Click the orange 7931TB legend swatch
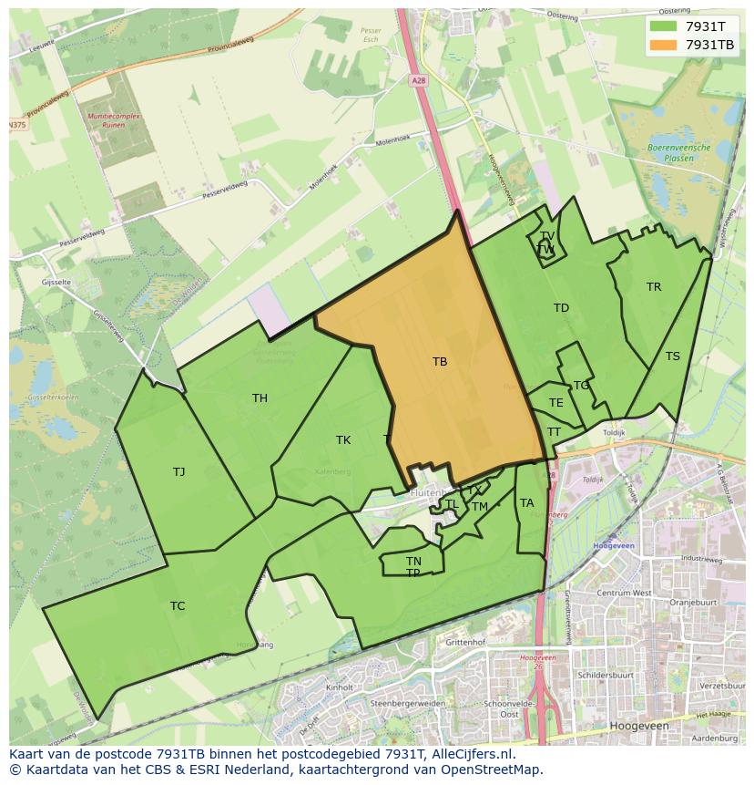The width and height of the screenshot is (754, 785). coord(663,44)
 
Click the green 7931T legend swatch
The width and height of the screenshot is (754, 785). coord(663,26)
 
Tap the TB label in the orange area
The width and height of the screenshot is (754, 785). coord(440,362)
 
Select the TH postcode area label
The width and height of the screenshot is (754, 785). coord(260,398)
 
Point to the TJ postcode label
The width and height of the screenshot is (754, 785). coord(178,471)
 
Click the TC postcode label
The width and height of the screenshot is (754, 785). coord(178,605)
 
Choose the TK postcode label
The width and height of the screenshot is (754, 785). coord(343,440)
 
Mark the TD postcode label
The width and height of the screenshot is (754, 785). coord(561,308)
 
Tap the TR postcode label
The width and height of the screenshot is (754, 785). coord(654,286)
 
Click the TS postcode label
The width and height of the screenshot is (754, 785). coord(672,356)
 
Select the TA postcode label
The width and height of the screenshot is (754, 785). coord(526,502)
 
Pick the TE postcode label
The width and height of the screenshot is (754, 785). coord(556,402)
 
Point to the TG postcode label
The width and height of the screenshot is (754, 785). coord(581,386)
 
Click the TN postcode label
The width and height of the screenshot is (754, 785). coord(413,561)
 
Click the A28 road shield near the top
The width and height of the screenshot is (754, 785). coord(417,80)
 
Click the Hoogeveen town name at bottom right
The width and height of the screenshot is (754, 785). coord(644,725)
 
